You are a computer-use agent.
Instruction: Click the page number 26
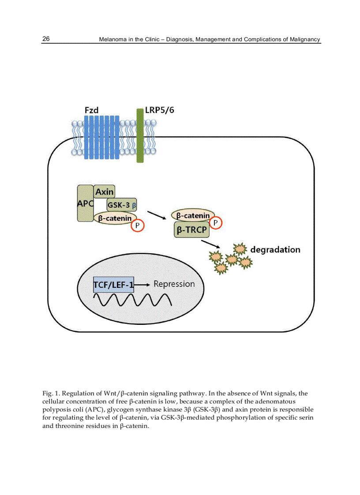(46, 39)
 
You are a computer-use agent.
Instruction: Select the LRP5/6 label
(159, 110)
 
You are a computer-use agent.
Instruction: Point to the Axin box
(105, 192)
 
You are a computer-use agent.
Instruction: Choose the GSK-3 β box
(122, 205)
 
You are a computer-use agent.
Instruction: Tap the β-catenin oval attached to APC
(115, 218)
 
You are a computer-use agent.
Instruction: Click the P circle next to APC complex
(138, 226)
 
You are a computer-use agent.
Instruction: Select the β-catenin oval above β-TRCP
(193, 216)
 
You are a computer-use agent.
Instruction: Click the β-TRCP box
(191, 230)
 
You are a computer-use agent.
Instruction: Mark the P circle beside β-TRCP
(215, 223)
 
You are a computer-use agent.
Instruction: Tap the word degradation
(275, 249)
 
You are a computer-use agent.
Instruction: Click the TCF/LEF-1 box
(113, 285)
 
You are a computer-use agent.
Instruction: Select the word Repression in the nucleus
(174, 284)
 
